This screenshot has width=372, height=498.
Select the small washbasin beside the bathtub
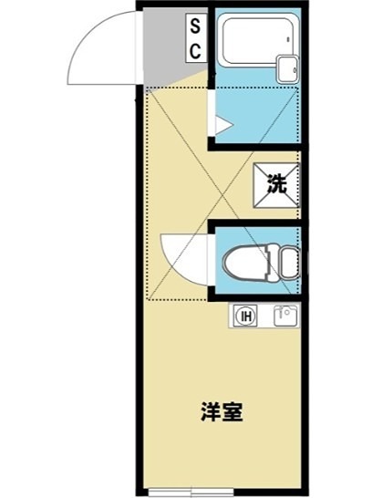pos(288,67)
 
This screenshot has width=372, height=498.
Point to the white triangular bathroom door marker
pos(220,119)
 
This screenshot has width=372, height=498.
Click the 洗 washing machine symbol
pos(276,182)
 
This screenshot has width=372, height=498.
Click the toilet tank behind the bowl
pos(288,261)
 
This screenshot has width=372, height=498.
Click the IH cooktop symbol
pos(245,316)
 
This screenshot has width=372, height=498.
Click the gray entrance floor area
pos(165,50)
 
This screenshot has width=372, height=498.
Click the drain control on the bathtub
pos(289,40)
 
